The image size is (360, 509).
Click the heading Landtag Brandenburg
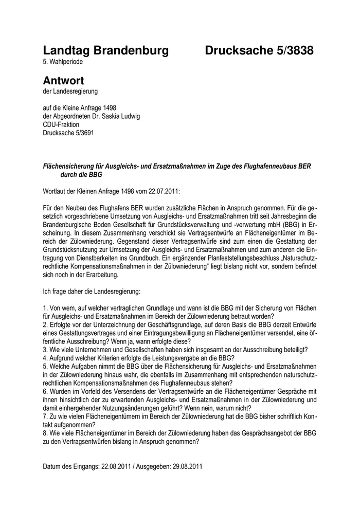[105, 50]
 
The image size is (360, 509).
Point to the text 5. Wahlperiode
[63, 62]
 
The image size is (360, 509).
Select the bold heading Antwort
[63, 81]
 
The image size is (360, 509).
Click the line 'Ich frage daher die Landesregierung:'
[92, 292]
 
